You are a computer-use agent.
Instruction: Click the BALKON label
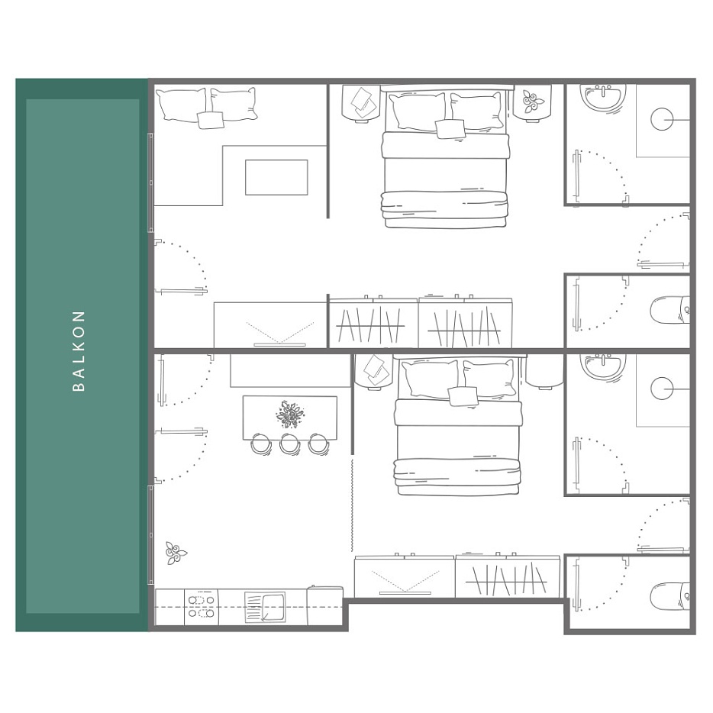[x=79, y=350]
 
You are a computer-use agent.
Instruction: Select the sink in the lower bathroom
[x=603, y=367]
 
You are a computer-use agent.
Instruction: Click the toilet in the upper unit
[x=670, y=310]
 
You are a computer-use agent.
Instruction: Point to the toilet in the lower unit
[x=670, y=596]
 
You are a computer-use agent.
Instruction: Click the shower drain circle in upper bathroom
[x=662, y=119]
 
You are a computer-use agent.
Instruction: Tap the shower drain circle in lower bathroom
[x=662, y=389]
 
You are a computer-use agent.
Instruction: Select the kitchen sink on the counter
[x=265, y=607]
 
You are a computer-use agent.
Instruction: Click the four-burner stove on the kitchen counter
[x=201, y=607]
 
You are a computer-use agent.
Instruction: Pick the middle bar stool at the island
[x=289, y=444]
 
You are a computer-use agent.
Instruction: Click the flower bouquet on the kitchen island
[x=289, y=415]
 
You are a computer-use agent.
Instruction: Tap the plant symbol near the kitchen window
[x=176, y=553]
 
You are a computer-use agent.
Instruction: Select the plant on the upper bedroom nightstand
[x=531, y=102]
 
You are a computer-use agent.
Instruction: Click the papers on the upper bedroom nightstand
[x=363, y=102]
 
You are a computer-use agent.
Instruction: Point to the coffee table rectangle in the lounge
[x=276, y=177]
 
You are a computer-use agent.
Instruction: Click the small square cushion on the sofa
[x=211, y=120]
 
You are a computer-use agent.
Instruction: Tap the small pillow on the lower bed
[x=463, y=396]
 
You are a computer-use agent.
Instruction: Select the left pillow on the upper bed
[x=417, y=111]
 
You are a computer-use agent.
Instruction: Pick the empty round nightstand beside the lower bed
[x=545, y=371]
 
